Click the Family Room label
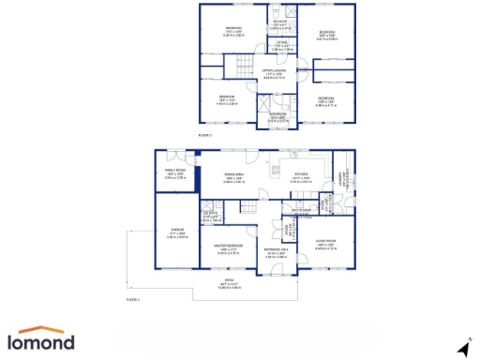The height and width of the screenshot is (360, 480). point(174,172)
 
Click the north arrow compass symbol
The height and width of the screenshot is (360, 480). point(461,347)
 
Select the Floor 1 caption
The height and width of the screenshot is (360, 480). point(132,300)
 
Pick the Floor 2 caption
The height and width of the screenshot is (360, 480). point(205,136)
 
